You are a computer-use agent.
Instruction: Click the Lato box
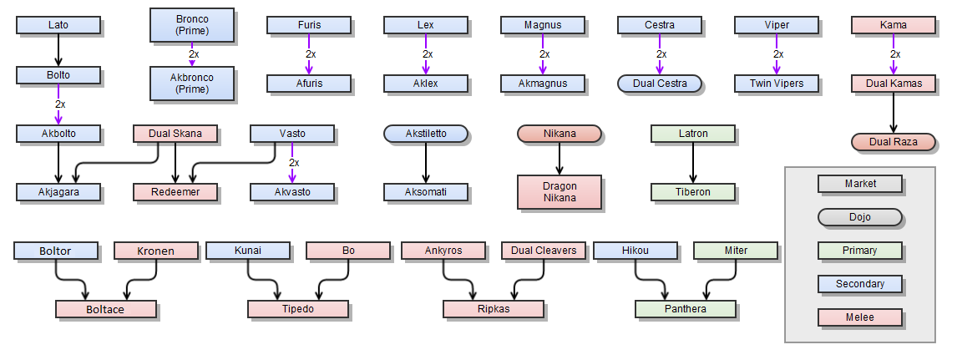click(x=58, y=25)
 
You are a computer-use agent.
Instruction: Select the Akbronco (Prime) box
click(x=191, y=84)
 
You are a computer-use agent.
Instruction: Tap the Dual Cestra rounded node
click(x=660, y=84)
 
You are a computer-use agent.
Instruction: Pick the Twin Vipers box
click(x=777, y=84)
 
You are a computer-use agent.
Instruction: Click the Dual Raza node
click(x=893, y=142)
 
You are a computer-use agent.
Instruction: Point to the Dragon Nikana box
click(x=559, y=192)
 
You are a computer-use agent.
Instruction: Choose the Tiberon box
click(x=693, y=192)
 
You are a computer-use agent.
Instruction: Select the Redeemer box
click(x=175, y=192)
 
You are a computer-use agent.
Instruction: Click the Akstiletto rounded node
click(x=425, y=134)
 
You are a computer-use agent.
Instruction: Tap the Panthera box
click(x=686, y=309)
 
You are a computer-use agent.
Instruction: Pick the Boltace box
click(x=106, y=309)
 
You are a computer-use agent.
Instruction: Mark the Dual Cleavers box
click(x=543, y=251)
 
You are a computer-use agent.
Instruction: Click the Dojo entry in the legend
click(x=859, y=217)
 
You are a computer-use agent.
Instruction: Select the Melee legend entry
click(x=859, y=317)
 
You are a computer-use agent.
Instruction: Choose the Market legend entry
click(x=859, y=184)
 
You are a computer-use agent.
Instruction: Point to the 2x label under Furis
click(x=311, y=54)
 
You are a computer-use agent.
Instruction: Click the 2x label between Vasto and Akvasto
click(x=294, y=163)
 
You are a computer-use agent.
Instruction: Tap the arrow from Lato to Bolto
click(x=58, y=50)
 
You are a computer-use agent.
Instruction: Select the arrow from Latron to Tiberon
click(x=693, y=163)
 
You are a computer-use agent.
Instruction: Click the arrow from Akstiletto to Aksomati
click(x=425, y=163)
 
